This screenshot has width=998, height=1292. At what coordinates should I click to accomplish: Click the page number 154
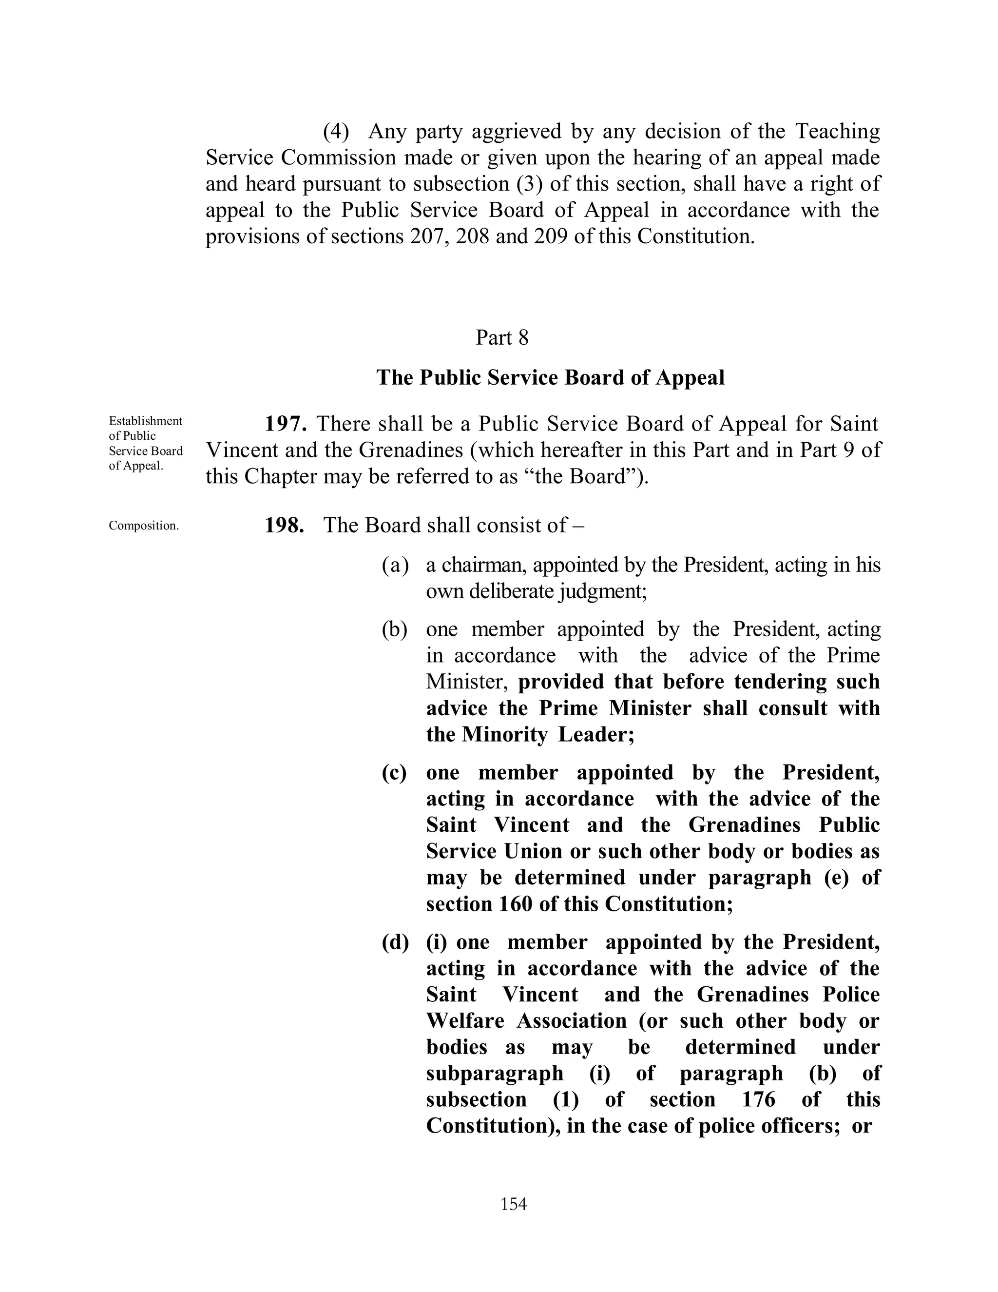click(x=513, y=1204)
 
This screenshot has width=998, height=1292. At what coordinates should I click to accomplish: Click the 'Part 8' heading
click(x=502, y=338)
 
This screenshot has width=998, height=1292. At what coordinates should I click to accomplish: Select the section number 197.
click(x=285, y=424)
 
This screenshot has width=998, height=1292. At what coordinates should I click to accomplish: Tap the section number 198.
click(x=285, y=525)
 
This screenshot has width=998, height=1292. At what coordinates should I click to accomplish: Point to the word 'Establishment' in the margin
click(x=145, y=421)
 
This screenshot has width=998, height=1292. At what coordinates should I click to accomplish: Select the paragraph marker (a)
click(x=395, y=565)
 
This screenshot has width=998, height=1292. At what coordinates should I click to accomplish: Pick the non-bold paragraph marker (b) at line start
click(x=395, y=629)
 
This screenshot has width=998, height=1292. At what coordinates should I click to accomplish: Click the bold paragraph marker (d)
click(x=395, y=942)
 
